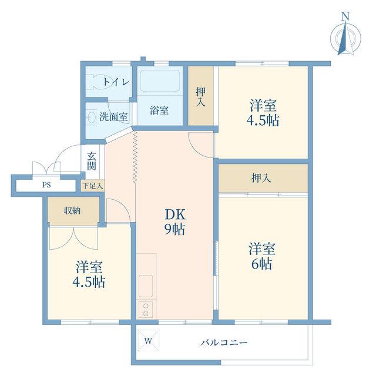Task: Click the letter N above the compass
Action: click(345, 16)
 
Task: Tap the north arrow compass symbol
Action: click(345, 38)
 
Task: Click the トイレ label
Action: click(116, 82)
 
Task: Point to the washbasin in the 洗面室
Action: click(92, 117)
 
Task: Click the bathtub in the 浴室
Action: click(160, 80)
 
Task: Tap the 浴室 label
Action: click(159, 110)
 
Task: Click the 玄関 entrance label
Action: click(92, 160)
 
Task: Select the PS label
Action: click(46, 185)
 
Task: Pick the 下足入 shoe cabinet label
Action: click(93, 186)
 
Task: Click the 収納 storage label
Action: click(72, 211)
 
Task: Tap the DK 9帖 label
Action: click(175, 222)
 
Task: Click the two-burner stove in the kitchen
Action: click(146, 310)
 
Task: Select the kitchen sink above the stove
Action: click(146, 286)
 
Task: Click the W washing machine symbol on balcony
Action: click(149, 341)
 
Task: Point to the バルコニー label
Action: click(224, 343)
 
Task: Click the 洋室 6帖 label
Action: click(261, 256)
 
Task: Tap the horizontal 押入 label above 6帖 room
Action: click(261, 178)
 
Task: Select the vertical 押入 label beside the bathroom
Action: click(200, 97)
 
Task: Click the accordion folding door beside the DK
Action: click(135, 157)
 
